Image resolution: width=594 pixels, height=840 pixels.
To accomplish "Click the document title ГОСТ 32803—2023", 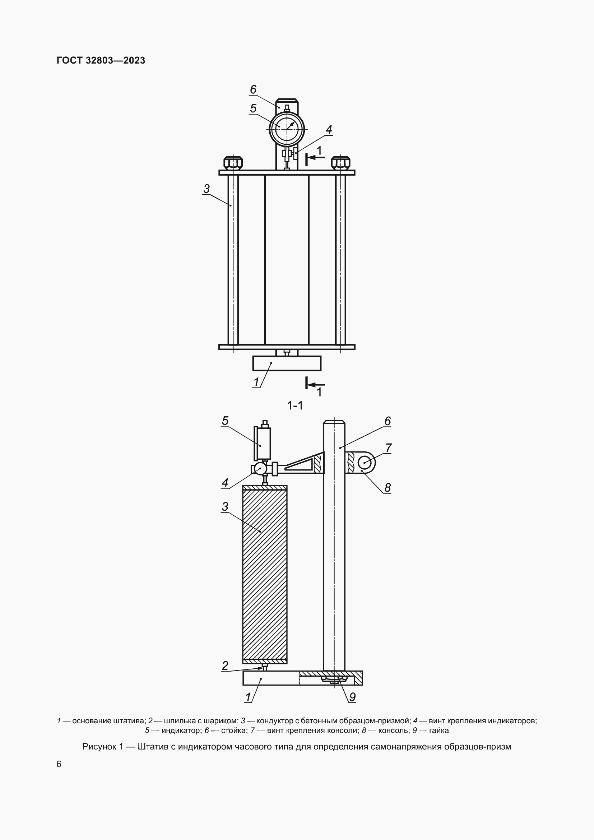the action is (101, 60).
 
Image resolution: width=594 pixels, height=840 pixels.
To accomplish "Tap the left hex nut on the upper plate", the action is (233, 162).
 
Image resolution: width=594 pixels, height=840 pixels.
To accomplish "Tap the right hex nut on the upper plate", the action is (340, 162).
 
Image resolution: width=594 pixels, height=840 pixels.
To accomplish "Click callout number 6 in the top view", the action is (253, 89).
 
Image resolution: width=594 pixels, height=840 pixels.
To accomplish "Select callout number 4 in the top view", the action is (329, 130).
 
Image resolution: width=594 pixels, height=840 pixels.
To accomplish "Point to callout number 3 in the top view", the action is (206, 189).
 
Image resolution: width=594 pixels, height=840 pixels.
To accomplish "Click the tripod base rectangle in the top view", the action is (287, 363).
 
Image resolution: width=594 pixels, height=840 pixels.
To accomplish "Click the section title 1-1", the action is (295, 406).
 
